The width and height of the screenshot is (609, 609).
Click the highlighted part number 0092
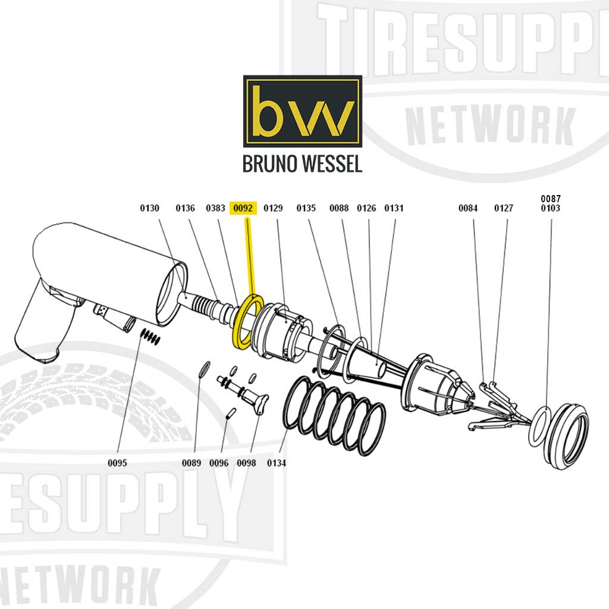243,208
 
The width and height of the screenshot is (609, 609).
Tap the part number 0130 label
149,208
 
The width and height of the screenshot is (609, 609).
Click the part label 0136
185,208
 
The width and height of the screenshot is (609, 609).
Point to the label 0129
273,208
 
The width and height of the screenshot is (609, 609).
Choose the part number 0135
306,208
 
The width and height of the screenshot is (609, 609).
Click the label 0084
467,208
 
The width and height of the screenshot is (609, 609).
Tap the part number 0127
504,208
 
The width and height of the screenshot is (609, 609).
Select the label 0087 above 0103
550,198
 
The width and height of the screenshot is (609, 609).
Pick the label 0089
192,463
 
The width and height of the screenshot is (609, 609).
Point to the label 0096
219,463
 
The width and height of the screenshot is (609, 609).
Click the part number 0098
246,463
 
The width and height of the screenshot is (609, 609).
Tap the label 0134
277,463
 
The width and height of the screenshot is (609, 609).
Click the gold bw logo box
302,111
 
